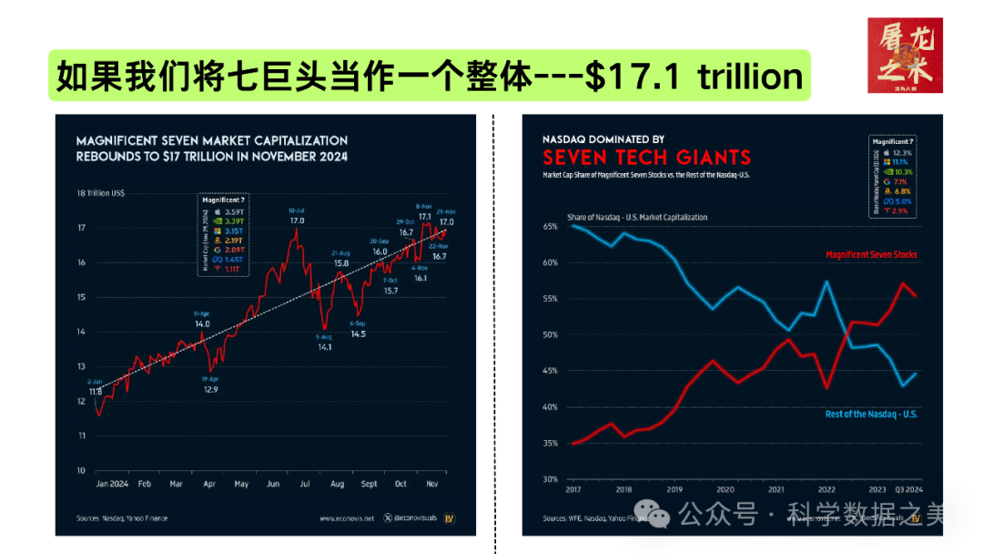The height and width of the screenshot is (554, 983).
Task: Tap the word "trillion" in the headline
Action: (x=750, y=77)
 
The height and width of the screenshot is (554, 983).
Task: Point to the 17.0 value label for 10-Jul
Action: (x=297, y=221)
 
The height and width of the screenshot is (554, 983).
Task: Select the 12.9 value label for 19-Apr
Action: (x=210, y=389)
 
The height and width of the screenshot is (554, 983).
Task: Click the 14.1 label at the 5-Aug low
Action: (x=324, y=347)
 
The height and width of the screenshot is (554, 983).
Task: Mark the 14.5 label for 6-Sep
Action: (x=358, y=333)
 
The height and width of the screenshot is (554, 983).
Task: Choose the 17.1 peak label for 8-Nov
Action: (x=424, y=216)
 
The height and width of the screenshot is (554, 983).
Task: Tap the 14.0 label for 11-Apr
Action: (x=201, y=323)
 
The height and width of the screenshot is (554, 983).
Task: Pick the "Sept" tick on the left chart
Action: (x=368, y=484)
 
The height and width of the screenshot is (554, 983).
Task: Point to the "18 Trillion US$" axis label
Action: (x=101, y=192)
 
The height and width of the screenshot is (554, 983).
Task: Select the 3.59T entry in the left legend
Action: (x=234, y=212)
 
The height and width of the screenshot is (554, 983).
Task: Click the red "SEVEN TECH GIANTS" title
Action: (x=646, y=157)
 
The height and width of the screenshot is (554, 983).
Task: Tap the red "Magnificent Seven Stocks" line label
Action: (x=871, y=254)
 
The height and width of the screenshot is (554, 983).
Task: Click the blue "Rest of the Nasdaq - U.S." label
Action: (x=871, y=415)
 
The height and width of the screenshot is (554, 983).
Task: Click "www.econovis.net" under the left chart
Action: (x=347, y=518)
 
